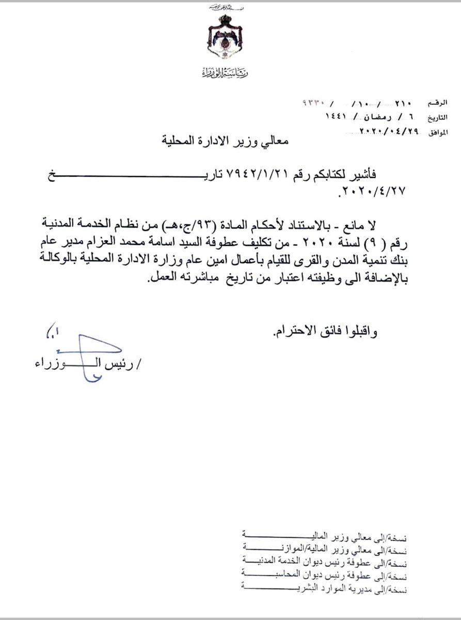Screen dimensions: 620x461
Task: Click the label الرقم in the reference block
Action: click(431, 99)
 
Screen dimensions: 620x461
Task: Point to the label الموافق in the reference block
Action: click(430, 132)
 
